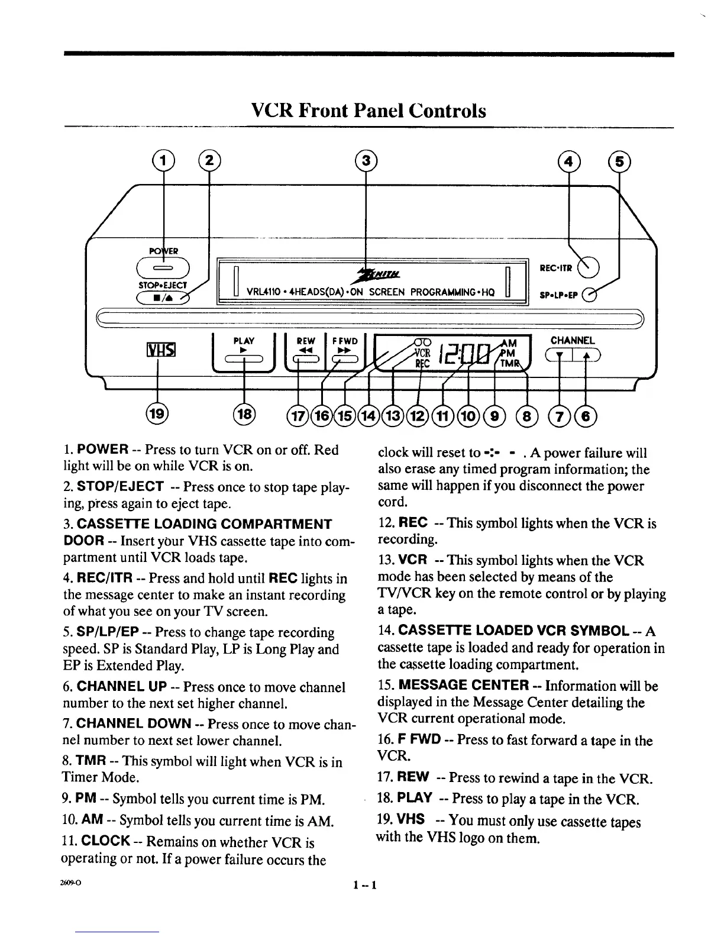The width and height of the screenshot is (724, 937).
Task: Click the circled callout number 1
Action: tap(163, 160)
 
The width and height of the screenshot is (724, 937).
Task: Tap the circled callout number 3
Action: tap(366, 160)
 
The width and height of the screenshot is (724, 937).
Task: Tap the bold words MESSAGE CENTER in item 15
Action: tap(464, 686)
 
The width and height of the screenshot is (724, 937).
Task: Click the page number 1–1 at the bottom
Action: tap(366, 885)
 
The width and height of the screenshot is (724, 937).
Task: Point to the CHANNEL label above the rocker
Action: tap(572, 340)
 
